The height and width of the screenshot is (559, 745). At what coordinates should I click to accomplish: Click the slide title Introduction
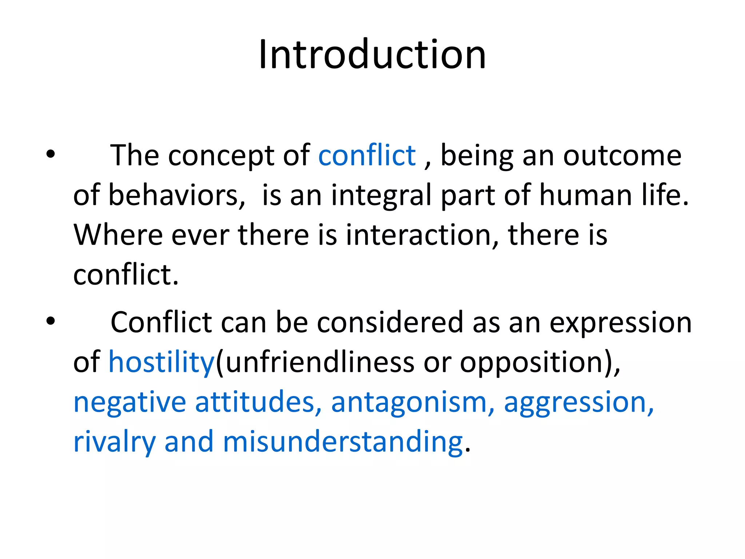coord(372,55)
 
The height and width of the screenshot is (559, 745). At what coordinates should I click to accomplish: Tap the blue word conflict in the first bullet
coord(367,156)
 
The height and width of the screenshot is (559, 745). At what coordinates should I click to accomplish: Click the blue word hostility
coord(162,362)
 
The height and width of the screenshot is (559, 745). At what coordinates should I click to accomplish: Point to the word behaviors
coord(176,195)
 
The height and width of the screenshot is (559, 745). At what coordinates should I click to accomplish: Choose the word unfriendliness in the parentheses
coord(320,362)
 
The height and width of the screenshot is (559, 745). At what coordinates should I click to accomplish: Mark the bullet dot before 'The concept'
coord(51,154)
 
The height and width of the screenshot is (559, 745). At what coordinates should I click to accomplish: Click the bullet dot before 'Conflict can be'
coord(51,321)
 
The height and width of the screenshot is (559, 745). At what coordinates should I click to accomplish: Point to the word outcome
coord(622,156)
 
